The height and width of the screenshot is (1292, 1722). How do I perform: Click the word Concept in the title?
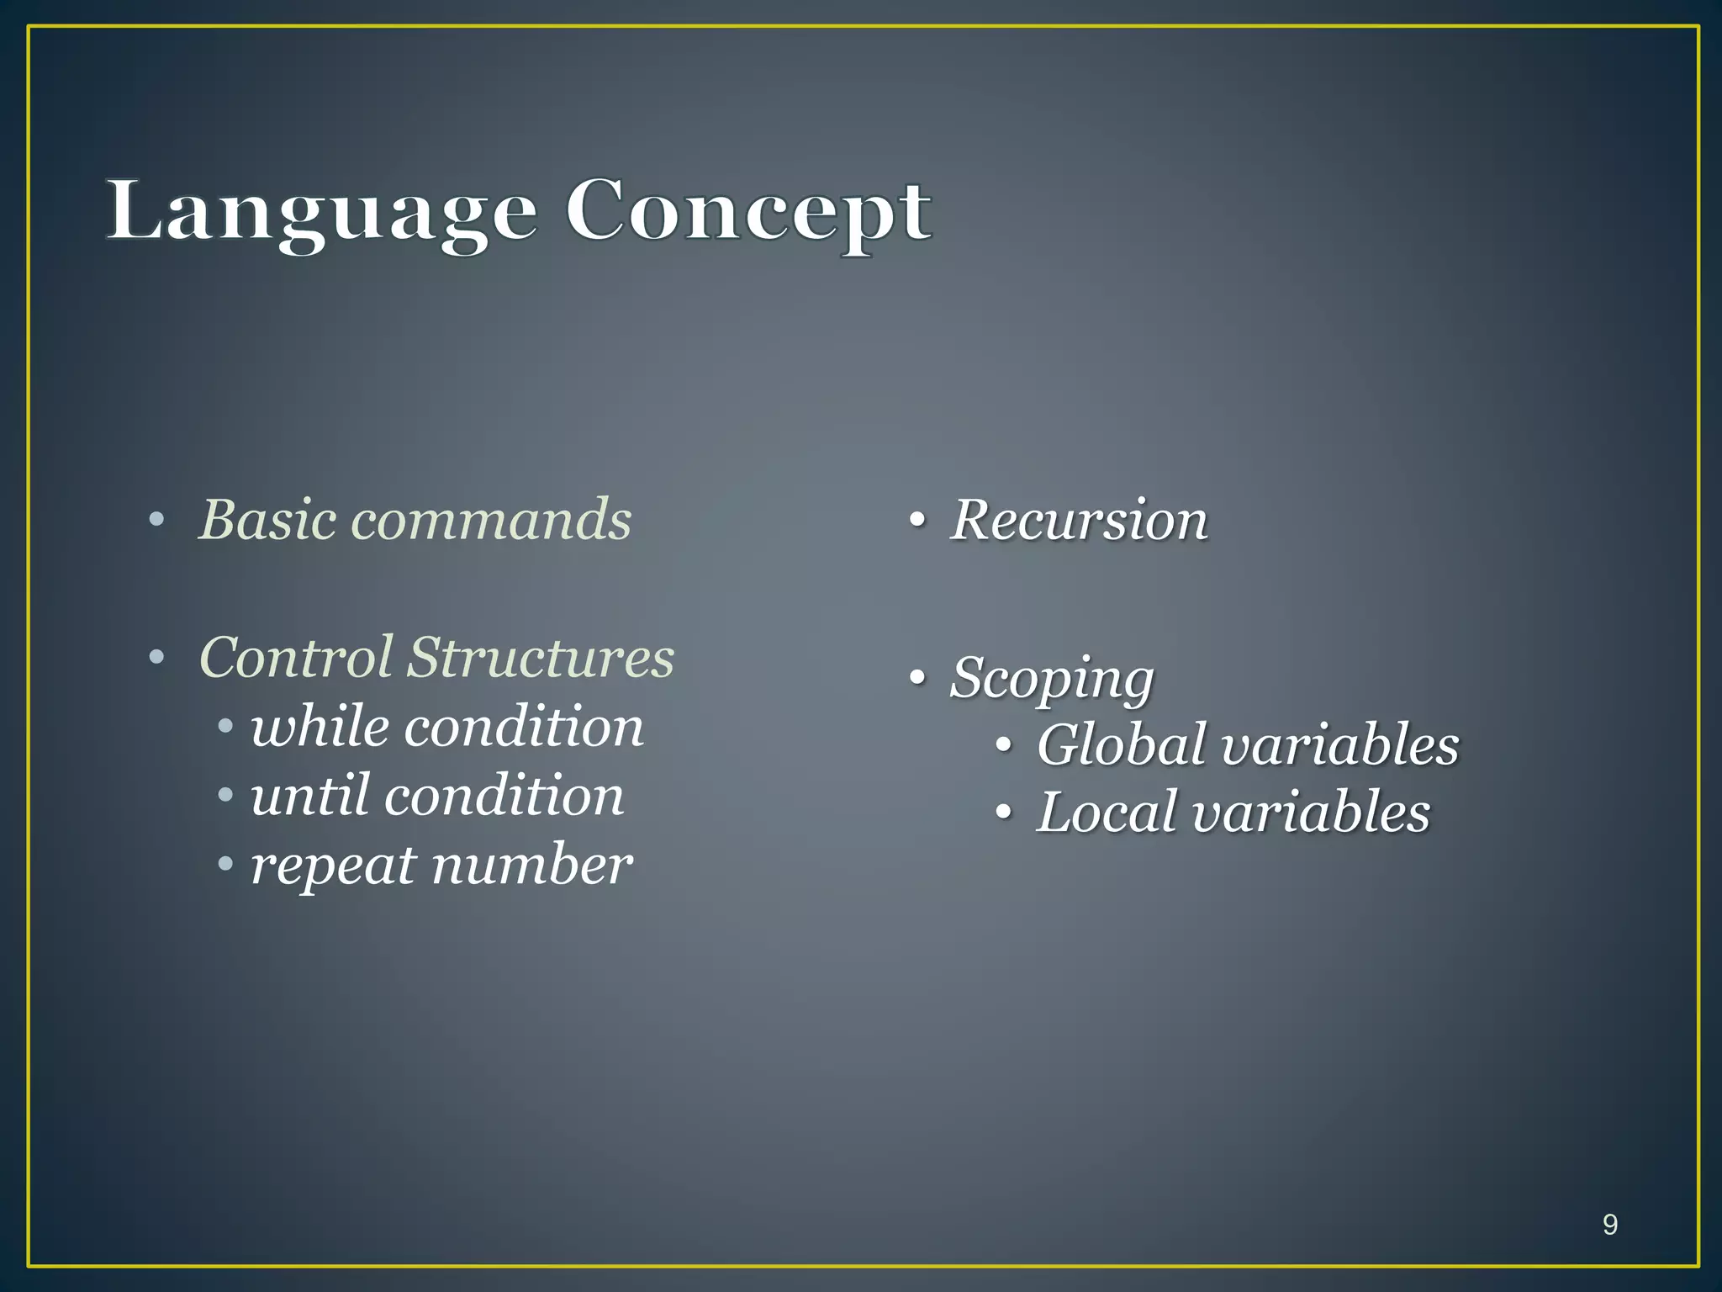tap(747, 212)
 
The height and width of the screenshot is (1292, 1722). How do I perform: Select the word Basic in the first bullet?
tap(268, 519)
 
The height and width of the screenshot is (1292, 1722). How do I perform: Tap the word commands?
tap(491, 519)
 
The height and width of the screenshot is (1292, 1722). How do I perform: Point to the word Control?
tap(296, 657)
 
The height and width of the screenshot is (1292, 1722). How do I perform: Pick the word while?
tap(320, 727)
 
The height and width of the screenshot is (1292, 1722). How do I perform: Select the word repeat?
tap(333, 865)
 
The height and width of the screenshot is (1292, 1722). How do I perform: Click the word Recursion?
tap(1079, 520)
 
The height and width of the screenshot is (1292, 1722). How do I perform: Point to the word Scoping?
tap(1052, 678)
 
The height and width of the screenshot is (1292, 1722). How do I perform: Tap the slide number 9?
tap(1609, 1225)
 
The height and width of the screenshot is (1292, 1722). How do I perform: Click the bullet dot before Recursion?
tap(917, 521)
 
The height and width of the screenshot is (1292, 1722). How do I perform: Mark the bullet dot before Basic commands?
tap(156, 521)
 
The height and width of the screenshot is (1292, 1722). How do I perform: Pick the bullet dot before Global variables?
tap(1002, 745)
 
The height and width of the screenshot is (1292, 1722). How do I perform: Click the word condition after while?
tap(524, 727)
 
